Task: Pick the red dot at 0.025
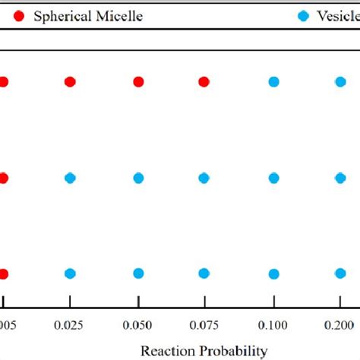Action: [x=70, y=82]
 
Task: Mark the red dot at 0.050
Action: [x=138, y=82]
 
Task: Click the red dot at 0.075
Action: [x=204, y=82]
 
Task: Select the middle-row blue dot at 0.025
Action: [x=70, y=178]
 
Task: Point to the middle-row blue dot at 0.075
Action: [x=204, y=178]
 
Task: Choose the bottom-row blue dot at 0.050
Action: [x=138, y=274]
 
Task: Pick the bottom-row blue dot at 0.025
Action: [x=70, y=274]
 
